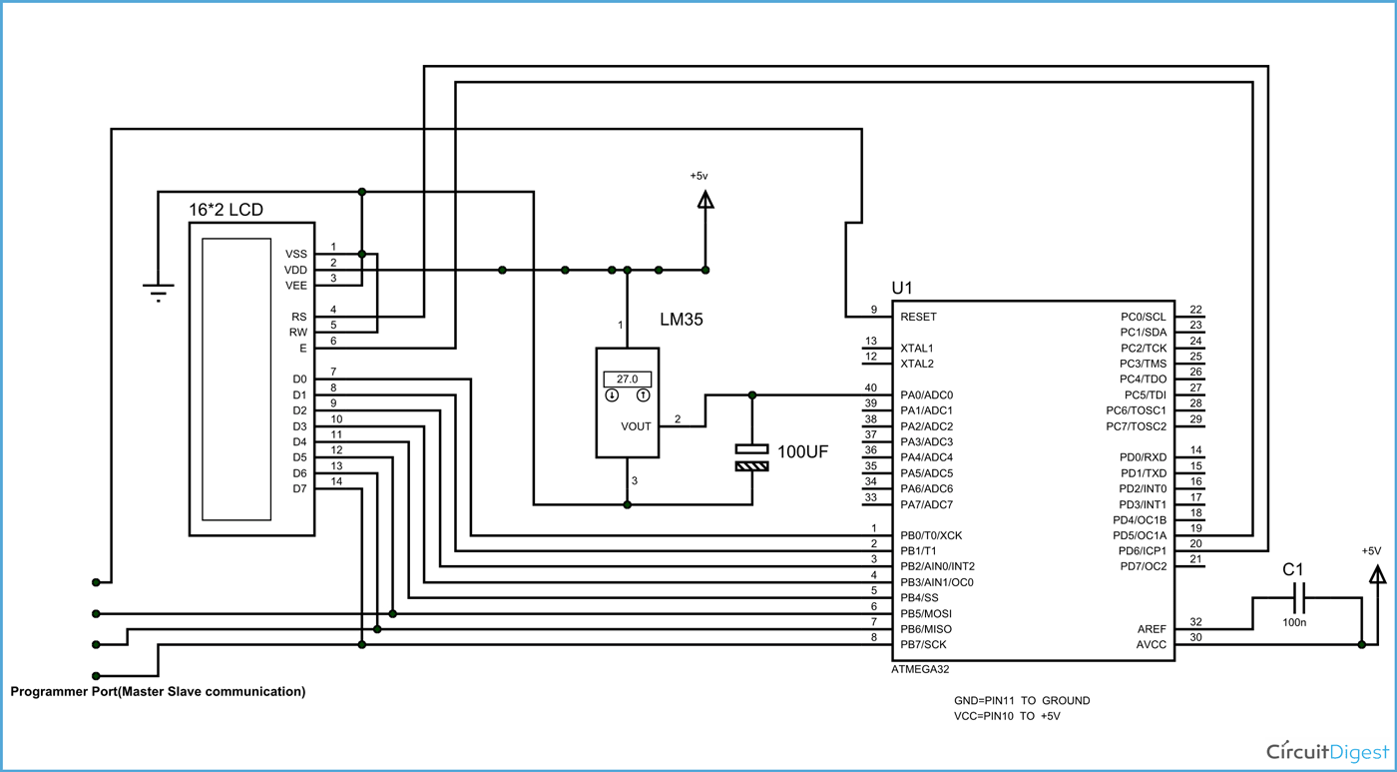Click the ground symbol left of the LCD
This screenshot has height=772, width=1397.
pyautogui.click(x=158, y=292)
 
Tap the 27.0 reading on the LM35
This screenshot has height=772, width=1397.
pyautogui.click(x=627, y=380)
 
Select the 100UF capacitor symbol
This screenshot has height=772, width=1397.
pyautogui.click(x=751, y=456)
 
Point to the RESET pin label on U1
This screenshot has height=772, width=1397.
pyautogui.click(x=918, y=317)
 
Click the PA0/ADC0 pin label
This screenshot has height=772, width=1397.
pyautogui.click(x=926, y=394)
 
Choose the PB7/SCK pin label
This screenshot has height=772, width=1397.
pyautogui.click(x=923, y=645)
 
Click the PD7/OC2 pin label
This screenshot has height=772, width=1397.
pyautogui.click(x=1143, y=567)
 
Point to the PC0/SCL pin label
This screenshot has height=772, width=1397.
pyautogui.click(x=1143, y=317)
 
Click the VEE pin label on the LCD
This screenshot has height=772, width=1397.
pyautogui.click(x=296, y=286)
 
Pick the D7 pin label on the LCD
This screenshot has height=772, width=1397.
pyautogui.click(x=299, y=488)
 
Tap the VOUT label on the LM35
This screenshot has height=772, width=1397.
pyautogui.click(x=636, y=426)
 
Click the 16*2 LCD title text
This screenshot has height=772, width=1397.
pyautogui.click(x=227, y=211)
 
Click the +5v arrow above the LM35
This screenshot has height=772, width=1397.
pyautogui.click(x=705, y=200)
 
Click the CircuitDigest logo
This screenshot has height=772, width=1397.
pyautogui.click(x=1326, y=751)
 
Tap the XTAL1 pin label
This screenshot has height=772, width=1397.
pyautogui.click(x=916, y=348)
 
